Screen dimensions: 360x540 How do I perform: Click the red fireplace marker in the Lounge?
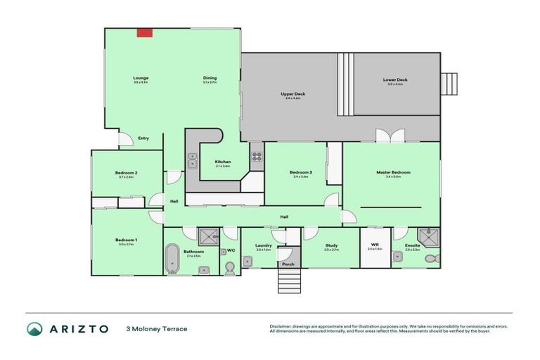145,32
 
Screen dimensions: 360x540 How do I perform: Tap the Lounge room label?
141,78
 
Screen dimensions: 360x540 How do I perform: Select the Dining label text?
210,78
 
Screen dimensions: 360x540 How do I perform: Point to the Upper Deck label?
292,94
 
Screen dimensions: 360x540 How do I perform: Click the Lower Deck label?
394,80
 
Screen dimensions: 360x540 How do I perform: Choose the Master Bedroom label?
393,172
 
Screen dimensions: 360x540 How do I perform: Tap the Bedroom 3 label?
300,172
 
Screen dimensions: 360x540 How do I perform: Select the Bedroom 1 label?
126,240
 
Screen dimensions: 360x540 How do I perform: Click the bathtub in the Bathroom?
172,259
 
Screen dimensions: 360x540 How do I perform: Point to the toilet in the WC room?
229,267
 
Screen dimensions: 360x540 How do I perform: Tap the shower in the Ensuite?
427,236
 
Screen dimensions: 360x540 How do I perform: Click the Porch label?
288,264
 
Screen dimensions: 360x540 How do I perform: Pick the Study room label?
331,245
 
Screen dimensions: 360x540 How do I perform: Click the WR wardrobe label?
375,245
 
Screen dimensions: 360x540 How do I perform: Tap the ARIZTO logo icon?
34,328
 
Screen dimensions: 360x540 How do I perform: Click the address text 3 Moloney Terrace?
156,328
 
